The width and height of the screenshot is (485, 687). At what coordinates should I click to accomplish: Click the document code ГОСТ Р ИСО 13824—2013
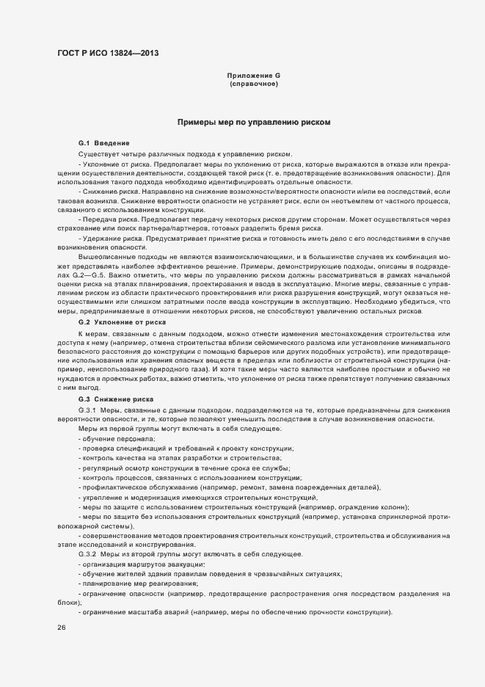pyautogui.click(x=106, y=53)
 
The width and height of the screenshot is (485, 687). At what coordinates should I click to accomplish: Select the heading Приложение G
pyautogui.click(x=253, y=76)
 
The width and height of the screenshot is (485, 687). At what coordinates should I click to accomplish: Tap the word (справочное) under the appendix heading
pyautogui.click(x=253, y=85)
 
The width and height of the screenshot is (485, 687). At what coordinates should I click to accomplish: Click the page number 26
pyautogui.click(x=62, y=628)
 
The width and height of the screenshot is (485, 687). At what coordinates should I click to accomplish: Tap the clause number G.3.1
pyautogui.click(x=87, y=409)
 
